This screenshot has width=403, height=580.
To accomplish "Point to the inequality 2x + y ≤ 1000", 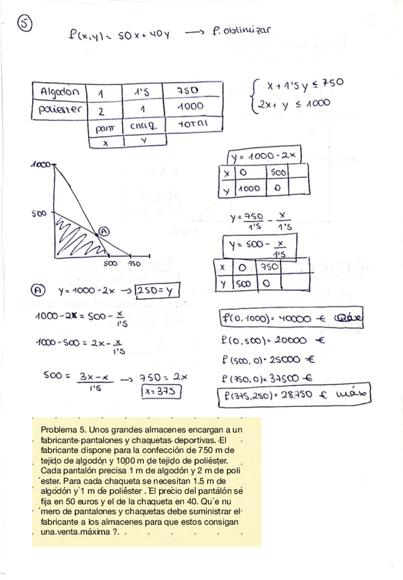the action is pos(294,103).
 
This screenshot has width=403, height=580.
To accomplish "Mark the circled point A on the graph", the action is pos(103,231).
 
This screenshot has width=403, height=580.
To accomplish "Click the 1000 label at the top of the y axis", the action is pos(42,165).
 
